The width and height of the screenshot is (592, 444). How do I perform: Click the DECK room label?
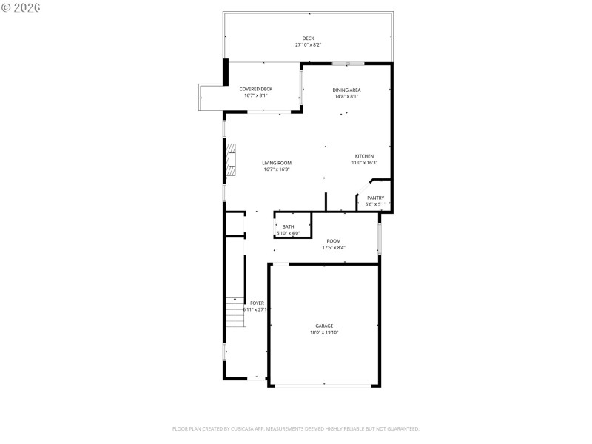[308, 38]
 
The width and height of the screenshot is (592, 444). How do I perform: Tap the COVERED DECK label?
[255, 89]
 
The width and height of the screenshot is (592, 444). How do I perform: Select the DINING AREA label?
[346, 90]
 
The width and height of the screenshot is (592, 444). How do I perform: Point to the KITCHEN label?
[364, 156]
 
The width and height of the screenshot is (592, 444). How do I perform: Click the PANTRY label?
[375, 198]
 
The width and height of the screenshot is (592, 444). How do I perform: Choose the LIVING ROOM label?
[277, 163]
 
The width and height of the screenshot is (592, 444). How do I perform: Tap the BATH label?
[288, 226]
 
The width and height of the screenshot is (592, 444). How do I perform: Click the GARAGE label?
[324, 326]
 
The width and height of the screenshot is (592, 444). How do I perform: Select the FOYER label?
[257, 303]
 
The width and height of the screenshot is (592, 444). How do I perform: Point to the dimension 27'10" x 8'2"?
[308, 45]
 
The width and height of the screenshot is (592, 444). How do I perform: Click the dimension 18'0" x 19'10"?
[324, 332]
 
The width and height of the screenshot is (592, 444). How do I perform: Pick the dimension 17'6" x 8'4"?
[334, 248]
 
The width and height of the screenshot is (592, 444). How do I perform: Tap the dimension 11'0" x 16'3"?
[364, 163]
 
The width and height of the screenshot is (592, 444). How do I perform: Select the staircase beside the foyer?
[235, 312]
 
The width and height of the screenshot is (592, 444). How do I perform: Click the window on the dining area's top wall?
[346, 63]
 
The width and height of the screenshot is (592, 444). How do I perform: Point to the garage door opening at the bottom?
[324, 385]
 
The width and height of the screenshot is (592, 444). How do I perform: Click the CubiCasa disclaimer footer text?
[296, 428]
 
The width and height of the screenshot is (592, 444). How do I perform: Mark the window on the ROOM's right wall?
[380, 238]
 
